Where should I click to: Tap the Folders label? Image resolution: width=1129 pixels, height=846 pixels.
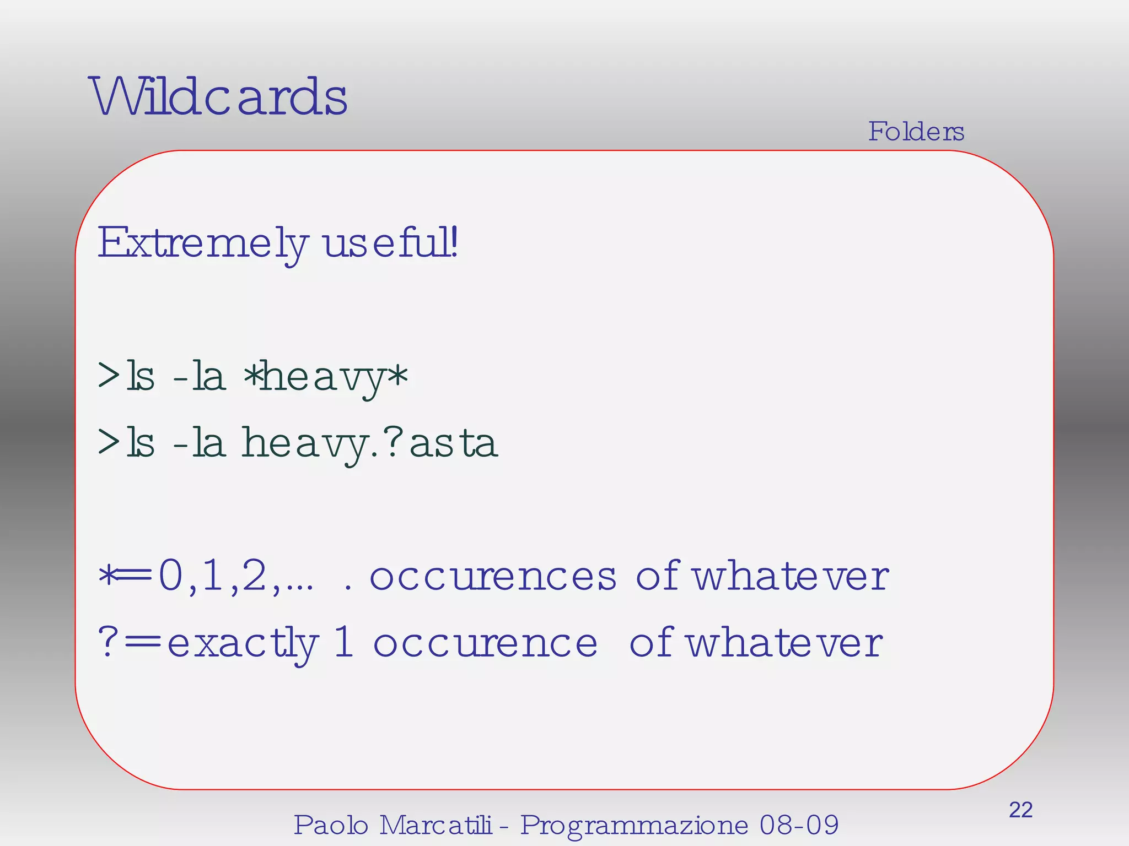click(916, 132)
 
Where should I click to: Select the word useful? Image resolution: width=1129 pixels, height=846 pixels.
click(390, 243)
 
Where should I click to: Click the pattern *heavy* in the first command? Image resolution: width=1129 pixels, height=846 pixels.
click(325, 378)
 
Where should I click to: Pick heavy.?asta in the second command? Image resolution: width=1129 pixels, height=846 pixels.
click(370, 443)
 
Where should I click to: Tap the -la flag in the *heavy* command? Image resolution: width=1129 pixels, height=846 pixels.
click(199, 377)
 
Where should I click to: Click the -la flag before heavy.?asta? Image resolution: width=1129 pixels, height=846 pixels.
click(199, 443)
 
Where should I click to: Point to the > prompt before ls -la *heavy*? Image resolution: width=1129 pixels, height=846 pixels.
click(109, 376)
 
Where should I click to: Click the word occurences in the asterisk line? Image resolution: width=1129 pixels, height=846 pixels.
click(493, 577)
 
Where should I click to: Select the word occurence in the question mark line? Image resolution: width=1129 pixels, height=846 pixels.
click(485, 643)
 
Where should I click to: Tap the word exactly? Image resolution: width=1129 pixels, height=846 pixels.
click(243, 643)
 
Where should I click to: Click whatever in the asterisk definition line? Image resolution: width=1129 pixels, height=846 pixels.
click(790, 577)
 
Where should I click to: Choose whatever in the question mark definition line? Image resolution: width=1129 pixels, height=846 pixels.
click(784, 643)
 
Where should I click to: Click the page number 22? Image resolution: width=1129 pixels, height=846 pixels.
click(1020, 810)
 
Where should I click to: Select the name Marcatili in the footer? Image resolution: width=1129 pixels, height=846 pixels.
click(436, 825)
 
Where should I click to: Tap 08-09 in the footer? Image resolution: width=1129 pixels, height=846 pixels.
click(799, 825)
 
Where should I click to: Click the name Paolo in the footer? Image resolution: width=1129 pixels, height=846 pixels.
click(331, 825)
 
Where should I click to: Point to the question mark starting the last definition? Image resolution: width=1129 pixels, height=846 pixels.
click(107, 643)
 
